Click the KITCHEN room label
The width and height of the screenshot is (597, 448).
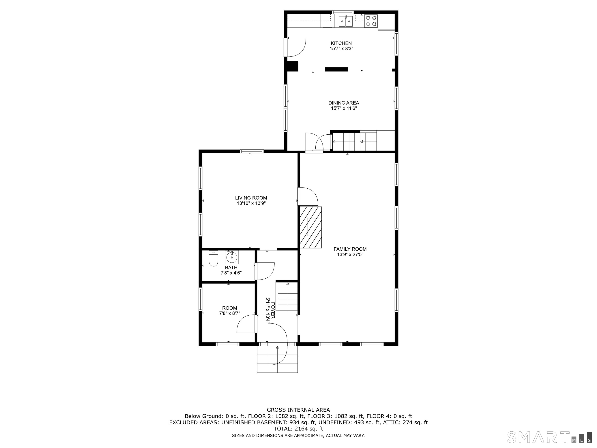pos(341,43)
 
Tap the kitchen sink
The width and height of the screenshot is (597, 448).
pos(346,21)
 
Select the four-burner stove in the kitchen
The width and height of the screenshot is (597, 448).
pos(371,21)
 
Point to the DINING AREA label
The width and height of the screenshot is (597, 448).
pos(344,103)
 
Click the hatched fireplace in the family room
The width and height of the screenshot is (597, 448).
pos(311,227)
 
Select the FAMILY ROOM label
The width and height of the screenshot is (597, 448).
pos(350,249)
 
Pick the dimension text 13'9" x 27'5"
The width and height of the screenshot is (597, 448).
pos(350,255)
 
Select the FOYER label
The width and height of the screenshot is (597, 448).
pos(273,310)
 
